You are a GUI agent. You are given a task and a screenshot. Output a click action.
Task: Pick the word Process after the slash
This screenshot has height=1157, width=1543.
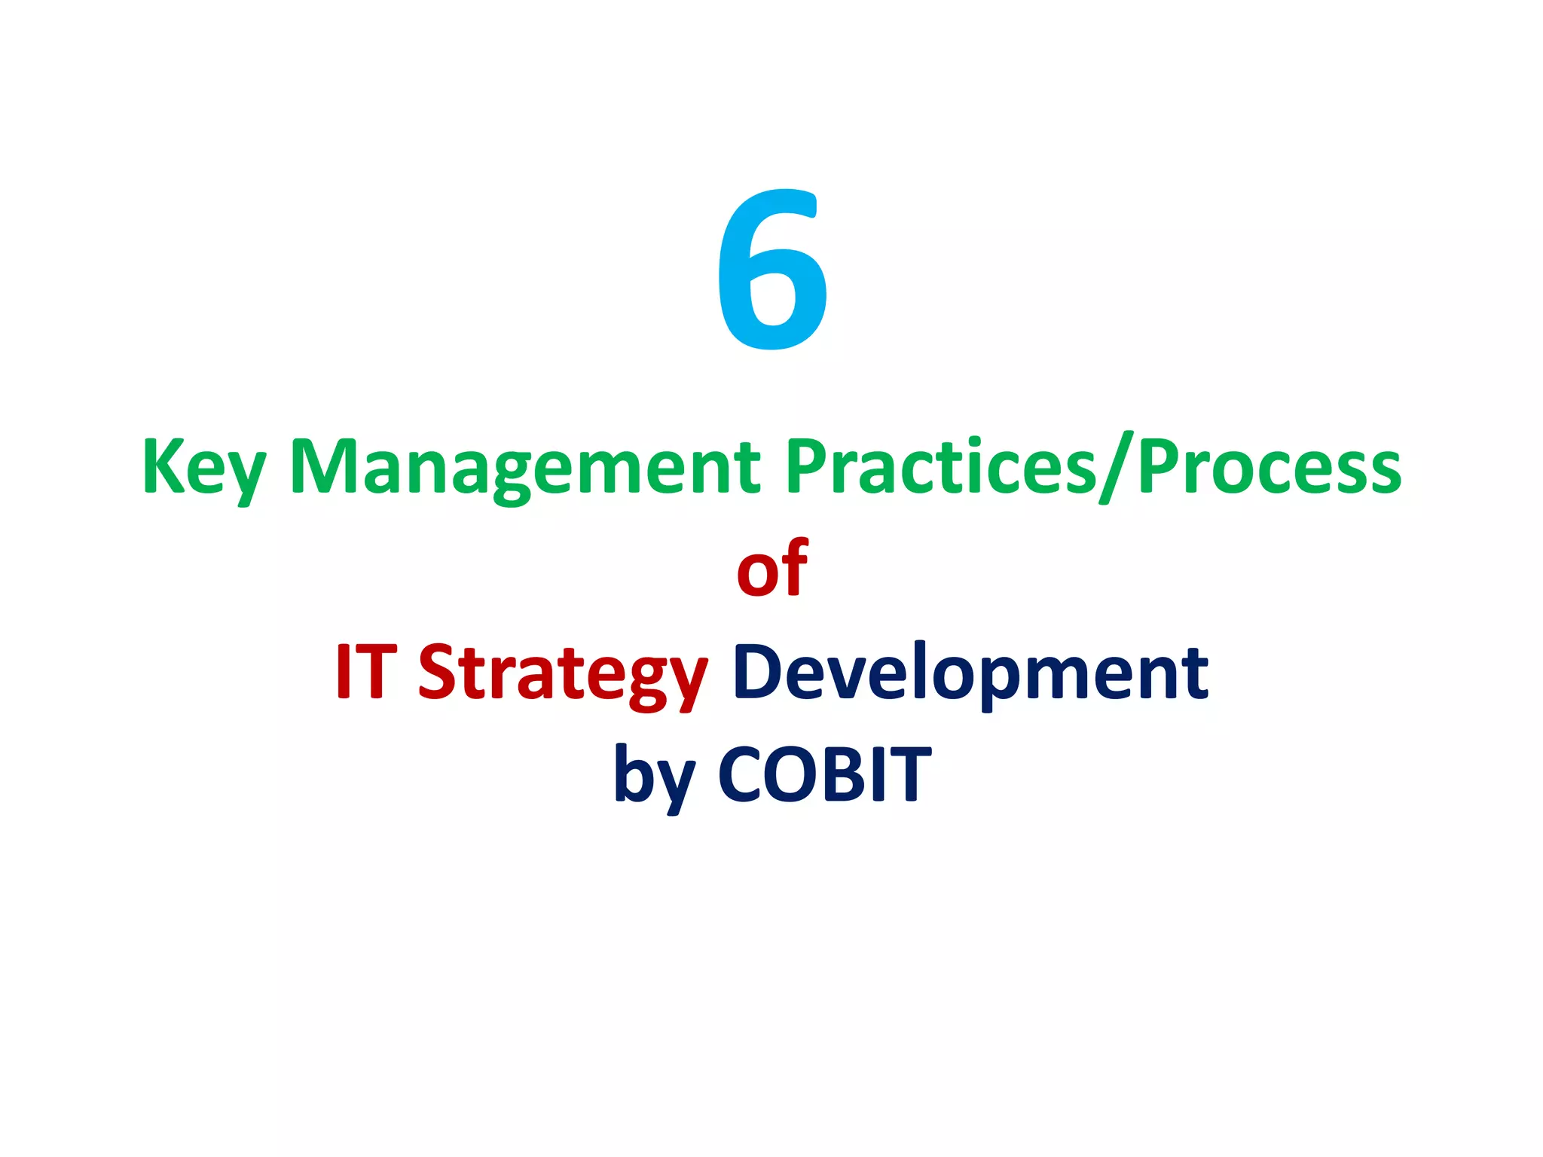(x=1270, y=467)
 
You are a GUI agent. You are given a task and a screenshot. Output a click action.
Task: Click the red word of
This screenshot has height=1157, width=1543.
(x=771, y=569)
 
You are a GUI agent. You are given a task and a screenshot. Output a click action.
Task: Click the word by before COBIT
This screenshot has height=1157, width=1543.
(x=654, y=776)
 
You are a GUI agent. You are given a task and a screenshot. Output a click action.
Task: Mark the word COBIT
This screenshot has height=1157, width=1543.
(x=825, y=774)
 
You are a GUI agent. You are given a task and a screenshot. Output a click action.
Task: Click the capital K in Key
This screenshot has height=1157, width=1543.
(x=163, y=467)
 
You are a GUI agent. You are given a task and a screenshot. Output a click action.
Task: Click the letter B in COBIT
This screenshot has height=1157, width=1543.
(x=845, y=774)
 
